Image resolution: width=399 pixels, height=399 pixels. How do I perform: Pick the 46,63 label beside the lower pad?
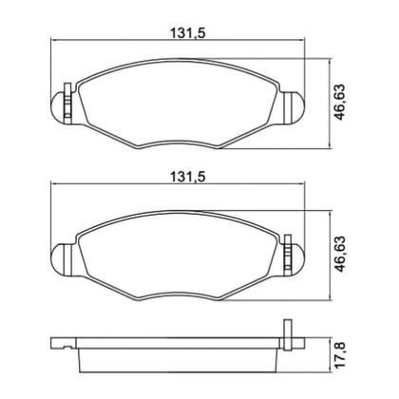pos(339,252)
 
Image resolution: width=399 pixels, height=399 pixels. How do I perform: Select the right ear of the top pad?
pos(293,104)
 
